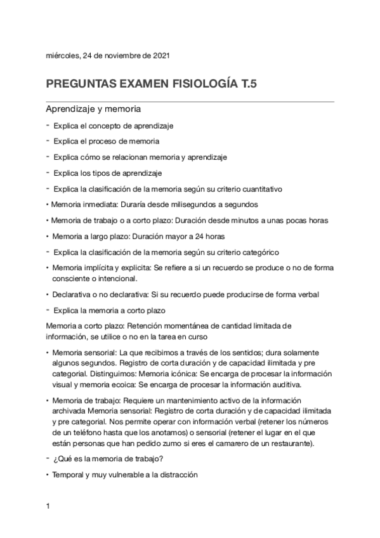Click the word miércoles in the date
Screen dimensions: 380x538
pos(63,55)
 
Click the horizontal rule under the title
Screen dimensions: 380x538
pos(190,101)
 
